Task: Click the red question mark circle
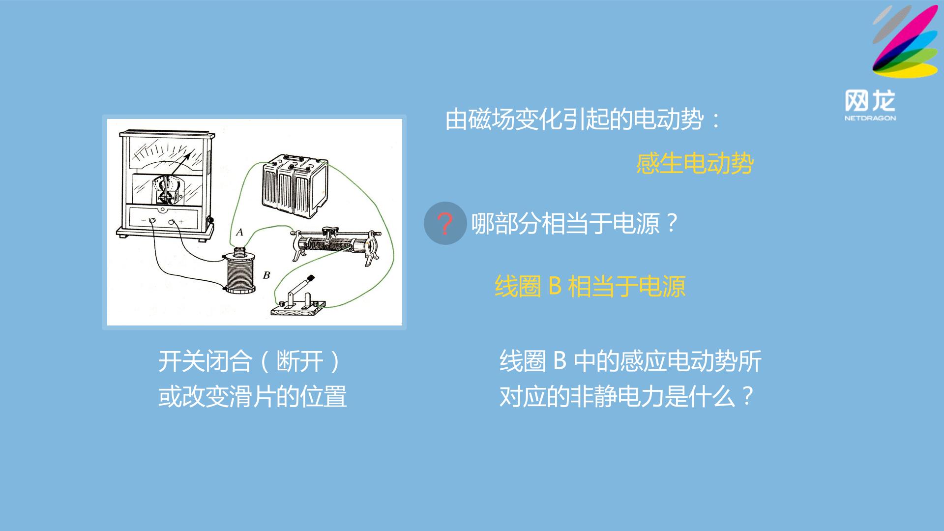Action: coord(445,223)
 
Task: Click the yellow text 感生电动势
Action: coord(695,164)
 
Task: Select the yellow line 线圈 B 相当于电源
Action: coord(590,286)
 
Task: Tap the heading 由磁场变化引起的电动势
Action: coord(575,119)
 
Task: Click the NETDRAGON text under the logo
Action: coord(870,118)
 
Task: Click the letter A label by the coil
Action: coord(239,232)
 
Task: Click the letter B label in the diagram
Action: coord(266,275)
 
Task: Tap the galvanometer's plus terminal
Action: coord(172,223)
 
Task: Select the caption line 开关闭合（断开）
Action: coord(250,361)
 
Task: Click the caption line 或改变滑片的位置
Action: coord(253,397)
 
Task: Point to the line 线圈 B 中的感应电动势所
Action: coord(631,361)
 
